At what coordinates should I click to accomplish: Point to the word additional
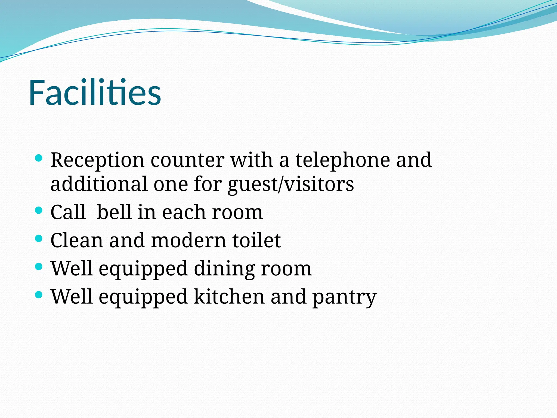click(x=99, y=184)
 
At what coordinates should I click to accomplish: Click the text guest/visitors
click(x=291, y=185)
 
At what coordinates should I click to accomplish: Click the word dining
click(x=224, y=269)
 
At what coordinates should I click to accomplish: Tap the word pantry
click(x=344, y=297)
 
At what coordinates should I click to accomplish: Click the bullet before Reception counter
click(x=39, y=158)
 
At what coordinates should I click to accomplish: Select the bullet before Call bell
click(x=39, y=210)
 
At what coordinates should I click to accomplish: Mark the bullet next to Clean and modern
click(x=39, y=239)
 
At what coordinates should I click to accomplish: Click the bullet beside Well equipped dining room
click(x=39, y=267)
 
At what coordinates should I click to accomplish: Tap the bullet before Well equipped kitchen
click(x=39, y=295)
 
